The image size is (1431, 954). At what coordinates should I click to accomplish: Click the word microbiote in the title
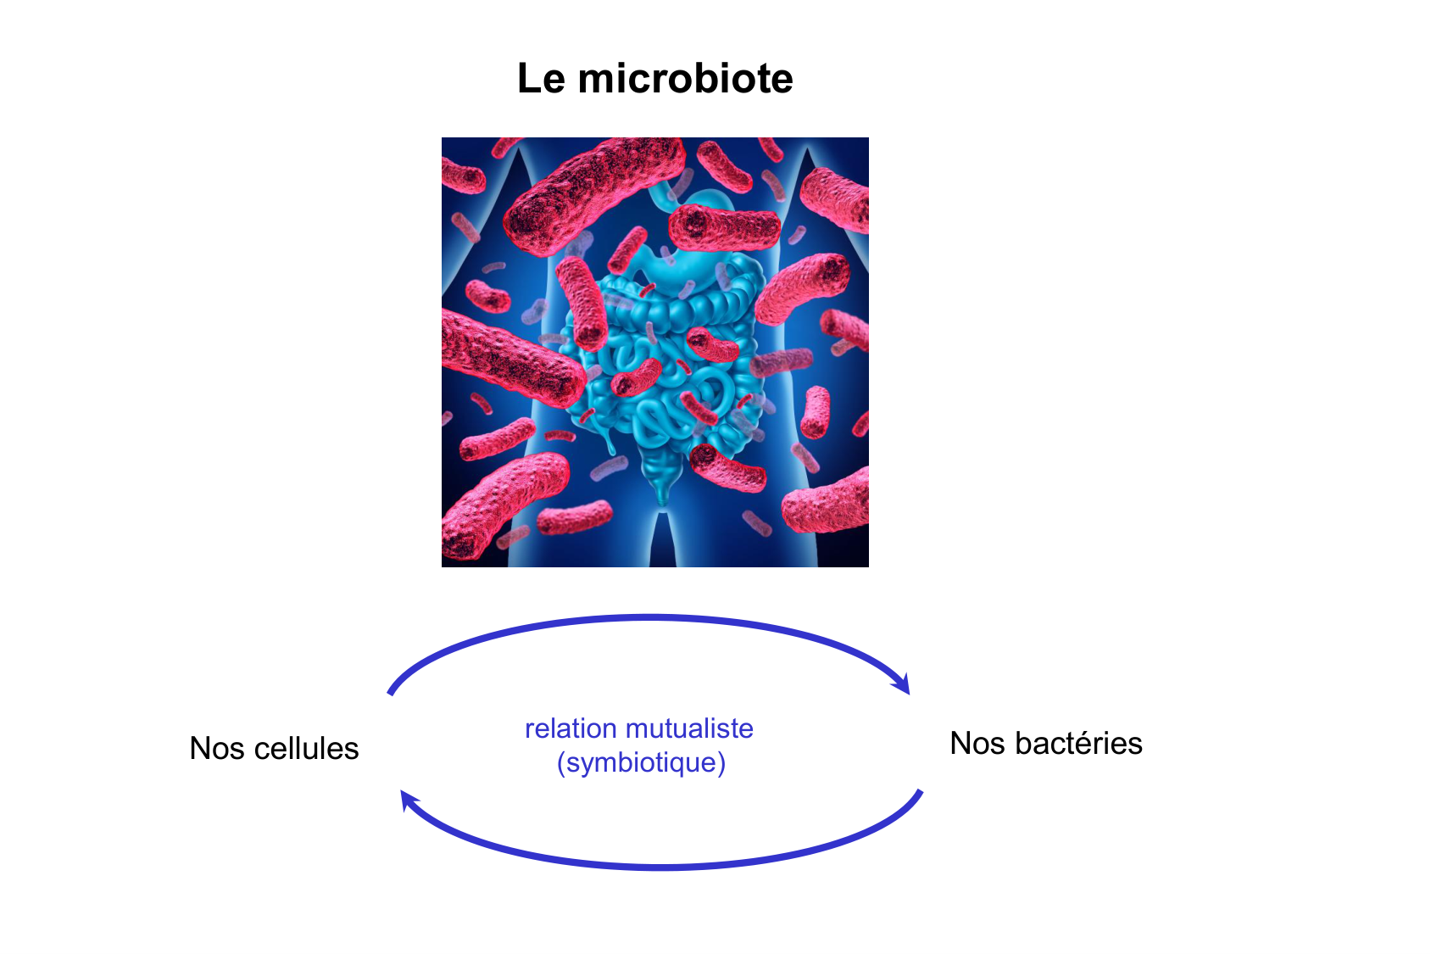pos(685,79)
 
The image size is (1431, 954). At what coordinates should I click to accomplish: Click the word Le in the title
pos(541,79)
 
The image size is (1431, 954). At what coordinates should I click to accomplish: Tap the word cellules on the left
pos(306,748)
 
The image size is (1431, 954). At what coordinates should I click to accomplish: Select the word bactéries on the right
pos(1078,743)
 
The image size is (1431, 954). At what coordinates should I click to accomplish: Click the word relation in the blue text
pos(571,728)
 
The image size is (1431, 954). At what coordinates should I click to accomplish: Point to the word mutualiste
pos(689,728)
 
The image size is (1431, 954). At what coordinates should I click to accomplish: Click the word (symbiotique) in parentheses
pos(641,762)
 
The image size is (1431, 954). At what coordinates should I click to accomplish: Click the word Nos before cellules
pos(216,748)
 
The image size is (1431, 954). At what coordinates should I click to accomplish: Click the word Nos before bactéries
pos(977,743)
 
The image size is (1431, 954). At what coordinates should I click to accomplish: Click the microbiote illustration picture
pos(654,352)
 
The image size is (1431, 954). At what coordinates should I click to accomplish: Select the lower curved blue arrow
pos(661,868)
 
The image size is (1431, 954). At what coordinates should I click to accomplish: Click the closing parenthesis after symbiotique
pos(721,762)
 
